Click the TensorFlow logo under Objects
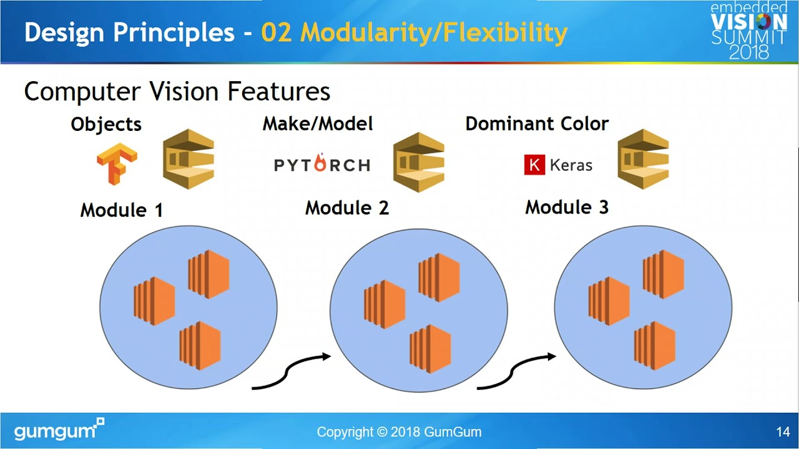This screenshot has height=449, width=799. [x=117, y=164]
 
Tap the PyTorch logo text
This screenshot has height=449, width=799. [x=322, y=165]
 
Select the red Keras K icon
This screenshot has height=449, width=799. [x=534, y=165]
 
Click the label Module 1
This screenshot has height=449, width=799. [x=122, y=210]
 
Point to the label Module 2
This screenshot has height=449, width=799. [x=347, y=208]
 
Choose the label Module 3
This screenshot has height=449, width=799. [x=567, y=207]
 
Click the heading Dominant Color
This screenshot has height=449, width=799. [x=537, y=123]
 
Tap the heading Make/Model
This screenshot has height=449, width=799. [x=318, y=123]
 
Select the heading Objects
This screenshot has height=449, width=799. [x=106, y=124]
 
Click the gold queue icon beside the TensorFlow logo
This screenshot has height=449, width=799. [x=189, y=159]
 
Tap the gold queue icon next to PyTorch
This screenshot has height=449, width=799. [x=419, y=162]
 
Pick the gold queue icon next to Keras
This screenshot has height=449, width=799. [x=643, y=159]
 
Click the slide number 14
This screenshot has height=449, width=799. [x=783, y=432]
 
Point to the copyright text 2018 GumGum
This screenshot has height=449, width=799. [x=399, y=432]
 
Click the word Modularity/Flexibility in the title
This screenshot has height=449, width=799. [x=414, y=32]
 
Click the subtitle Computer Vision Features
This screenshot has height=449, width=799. [x=177, y=92]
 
